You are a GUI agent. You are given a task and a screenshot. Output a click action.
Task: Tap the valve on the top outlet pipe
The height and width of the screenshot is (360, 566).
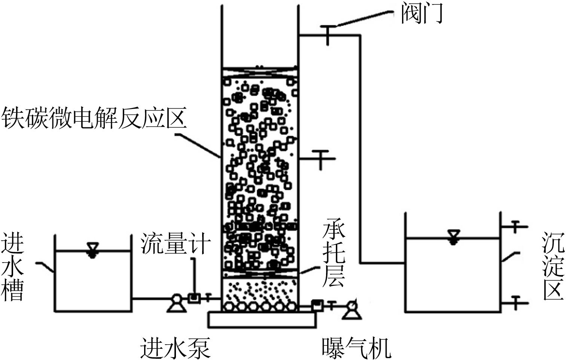point(328,34)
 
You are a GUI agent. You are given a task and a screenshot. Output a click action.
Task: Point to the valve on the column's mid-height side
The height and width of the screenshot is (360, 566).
point(321,158)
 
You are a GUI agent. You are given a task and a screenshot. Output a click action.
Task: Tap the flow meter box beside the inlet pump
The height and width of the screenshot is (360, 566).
point(194,298)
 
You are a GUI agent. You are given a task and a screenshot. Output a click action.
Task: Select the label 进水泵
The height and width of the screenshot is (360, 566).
point(175,348)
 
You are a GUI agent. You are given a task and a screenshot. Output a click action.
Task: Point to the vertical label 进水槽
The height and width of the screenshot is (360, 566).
point(12,266)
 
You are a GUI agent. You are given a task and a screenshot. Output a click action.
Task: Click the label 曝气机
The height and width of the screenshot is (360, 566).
point(356,348)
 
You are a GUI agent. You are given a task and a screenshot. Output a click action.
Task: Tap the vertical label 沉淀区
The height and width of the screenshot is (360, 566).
point(553,266)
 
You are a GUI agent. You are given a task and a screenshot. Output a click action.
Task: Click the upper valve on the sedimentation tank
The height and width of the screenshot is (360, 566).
point(515,227)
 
